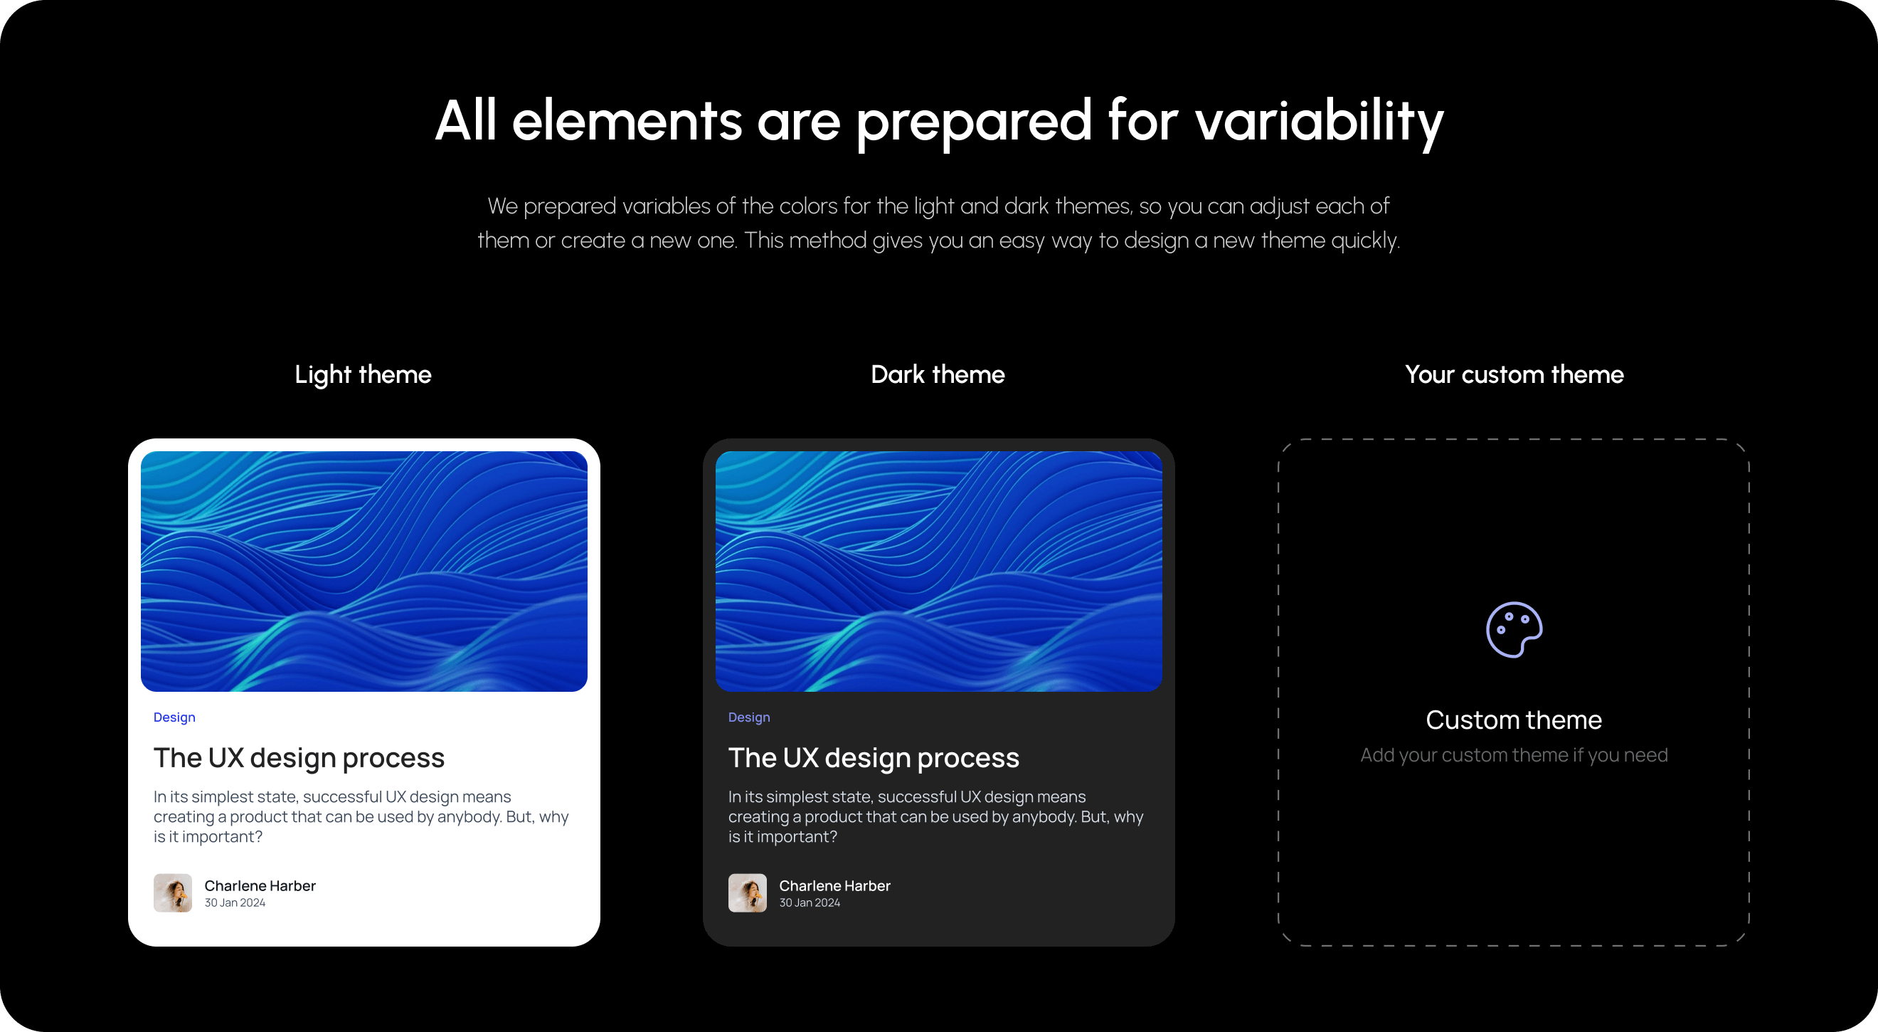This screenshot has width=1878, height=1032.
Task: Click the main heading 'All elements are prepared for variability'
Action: coord(939,121)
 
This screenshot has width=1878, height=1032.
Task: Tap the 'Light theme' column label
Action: coord(363,375)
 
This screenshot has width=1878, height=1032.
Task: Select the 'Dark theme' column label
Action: coord(938,374)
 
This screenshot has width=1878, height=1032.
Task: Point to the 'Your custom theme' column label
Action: coord(1514,375)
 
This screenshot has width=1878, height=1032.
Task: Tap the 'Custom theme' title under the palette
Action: coord(1514,720)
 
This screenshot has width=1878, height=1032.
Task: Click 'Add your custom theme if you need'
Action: coord(1514,755)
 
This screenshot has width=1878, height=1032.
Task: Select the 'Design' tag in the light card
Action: coord(174,717)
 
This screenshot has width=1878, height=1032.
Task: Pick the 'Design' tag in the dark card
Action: coord(749,717)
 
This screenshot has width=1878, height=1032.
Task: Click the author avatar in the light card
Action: coord(173,893)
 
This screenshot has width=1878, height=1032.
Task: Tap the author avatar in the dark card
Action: coord(747,893)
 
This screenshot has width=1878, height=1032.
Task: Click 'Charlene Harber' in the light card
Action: coord(260,885)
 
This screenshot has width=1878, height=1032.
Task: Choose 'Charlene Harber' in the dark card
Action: coord(834,885)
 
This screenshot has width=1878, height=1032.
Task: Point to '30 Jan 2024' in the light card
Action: coord(235,903)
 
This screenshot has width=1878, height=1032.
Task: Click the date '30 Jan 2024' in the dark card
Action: coord(810,903)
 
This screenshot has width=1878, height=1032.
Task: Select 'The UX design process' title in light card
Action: coord(299,759)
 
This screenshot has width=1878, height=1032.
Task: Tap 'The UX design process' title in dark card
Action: coord(874,759)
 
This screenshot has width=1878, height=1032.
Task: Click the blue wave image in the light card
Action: coord(364,571)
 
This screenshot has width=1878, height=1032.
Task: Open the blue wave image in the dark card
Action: coord(939,571)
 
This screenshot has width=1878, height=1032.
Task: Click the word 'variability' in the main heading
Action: coord(1320,122)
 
